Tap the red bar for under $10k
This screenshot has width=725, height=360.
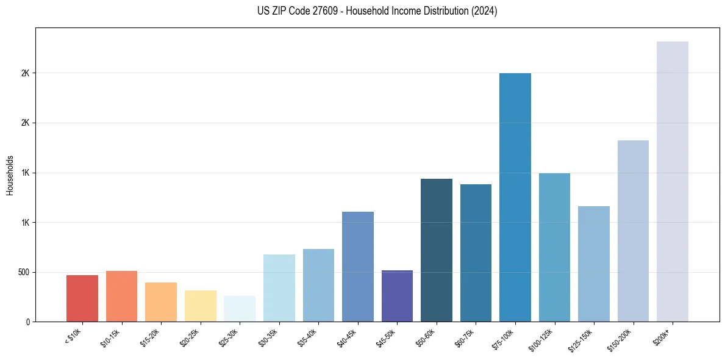pyautogui.click(x=82, y=298)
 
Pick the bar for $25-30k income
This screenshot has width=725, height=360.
pyautogui.click(x=240, y=309)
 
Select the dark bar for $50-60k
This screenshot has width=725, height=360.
pyautogui.click(x=437, y=250)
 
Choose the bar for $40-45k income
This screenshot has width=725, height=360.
pyautogui.click(x=358, y=267)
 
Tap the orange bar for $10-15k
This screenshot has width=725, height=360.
pyautogui.click(x=121, y=296)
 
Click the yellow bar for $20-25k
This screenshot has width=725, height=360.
pyautogui.click(x=201, y=306)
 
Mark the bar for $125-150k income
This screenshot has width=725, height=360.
pyautogui.click(x=593, y=264)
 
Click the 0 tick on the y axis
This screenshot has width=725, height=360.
pyautogui.click(x=28, y=322)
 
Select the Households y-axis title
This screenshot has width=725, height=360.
pyautogui.click(x=10, y=175)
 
